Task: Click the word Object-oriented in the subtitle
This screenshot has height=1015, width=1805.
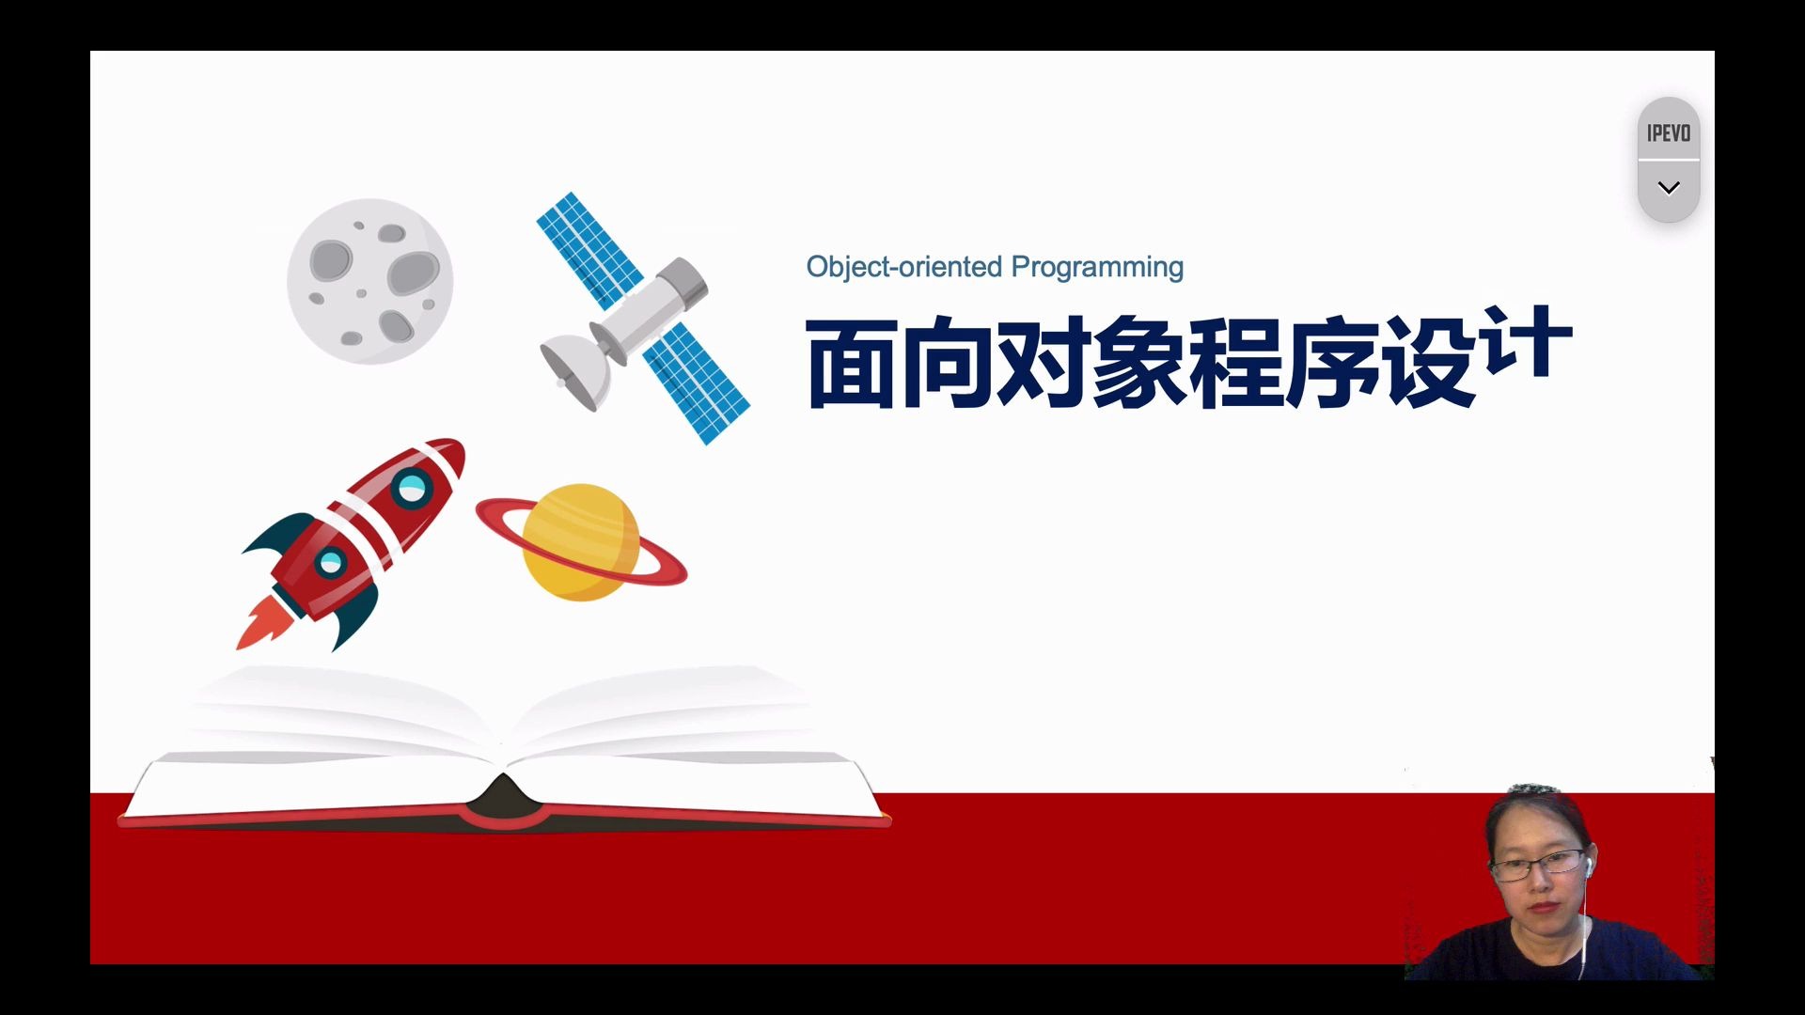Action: click(x=904, y=267)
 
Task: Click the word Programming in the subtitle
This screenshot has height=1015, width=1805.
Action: click(x=1098, y=268)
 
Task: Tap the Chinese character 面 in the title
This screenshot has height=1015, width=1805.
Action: click(x=852, y=364)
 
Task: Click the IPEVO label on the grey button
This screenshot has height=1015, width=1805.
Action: click(x=1669, y=133)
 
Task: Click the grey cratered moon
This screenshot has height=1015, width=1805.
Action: click(x=369, y=281)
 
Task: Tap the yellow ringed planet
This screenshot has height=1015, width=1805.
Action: click(x=581, y=542)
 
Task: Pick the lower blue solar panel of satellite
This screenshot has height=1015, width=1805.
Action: click(x=696, y=383)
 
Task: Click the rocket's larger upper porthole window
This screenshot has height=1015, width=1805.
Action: click(x=412, y=488)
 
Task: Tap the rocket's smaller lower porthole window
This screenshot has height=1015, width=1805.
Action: click(x=331, y=563)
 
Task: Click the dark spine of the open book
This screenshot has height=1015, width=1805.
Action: click(x=503, y=801)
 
